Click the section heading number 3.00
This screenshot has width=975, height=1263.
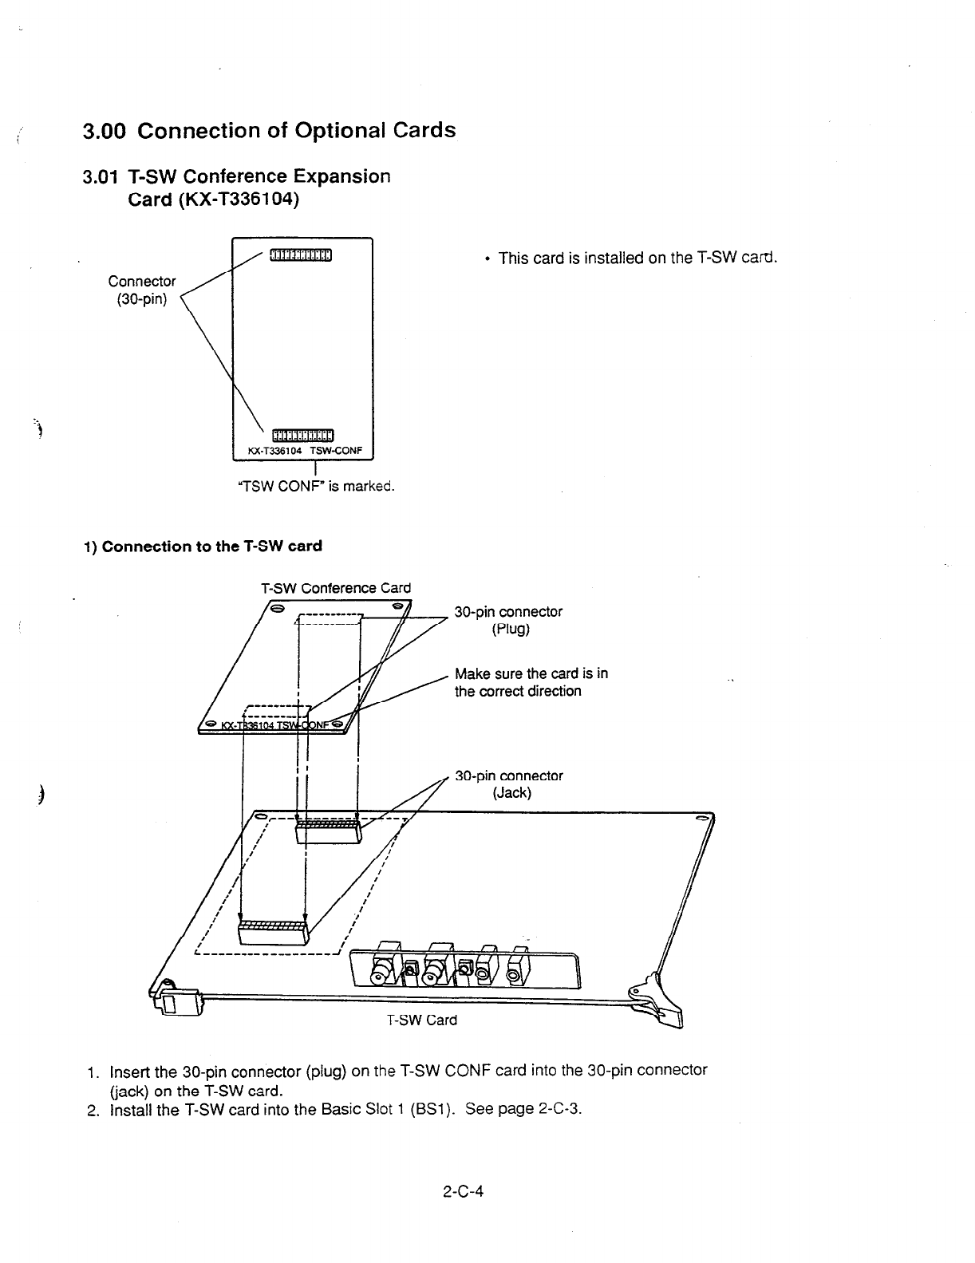pos(105,131)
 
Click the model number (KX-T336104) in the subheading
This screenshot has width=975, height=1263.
pos(214,199)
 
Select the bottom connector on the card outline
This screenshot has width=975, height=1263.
pos(301,435)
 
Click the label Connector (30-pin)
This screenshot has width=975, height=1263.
pos(142,290)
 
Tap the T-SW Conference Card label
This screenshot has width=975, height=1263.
pos(336,588)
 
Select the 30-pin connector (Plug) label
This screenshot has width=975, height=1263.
pos(508,620)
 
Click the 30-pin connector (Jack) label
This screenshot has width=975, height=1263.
pos(508,784)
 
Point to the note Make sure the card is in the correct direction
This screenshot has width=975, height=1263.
pos(531,682)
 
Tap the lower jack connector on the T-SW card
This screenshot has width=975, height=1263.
pos(271,932)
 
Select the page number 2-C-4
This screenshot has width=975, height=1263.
pos(465,1192)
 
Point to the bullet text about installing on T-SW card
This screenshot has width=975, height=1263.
pos(637,259)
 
